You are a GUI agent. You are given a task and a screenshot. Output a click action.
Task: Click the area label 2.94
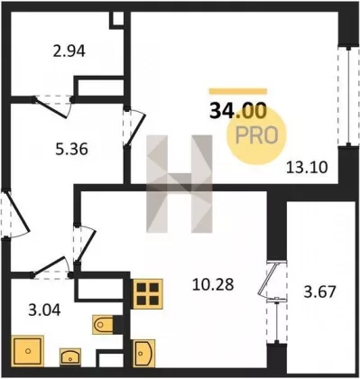coord(69,51)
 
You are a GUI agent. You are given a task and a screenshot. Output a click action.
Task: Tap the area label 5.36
coord(71,149)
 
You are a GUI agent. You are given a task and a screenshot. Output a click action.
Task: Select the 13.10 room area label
coord(307,167)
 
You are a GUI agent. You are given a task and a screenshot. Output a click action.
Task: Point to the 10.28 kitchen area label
coord(213,284)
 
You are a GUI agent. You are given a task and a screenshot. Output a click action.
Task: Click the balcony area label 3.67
coord(319,291)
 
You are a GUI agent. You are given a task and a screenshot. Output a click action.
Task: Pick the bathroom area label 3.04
coord(44,310)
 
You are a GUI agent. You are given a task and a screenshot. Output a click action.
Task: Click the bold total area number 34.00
coord(238,110)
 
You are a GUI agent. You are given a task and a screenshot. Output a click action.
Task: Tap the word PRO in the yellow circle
coord(256,135)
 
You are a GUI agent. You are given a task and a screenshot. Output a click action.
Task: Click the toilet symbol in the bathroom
coord(103,325)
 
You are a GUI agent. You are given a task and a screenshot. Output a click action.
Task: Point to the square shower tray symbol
coord(28,351)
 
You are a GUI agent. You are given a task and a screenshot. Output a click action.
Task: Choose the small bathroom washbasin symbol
coord(70,357)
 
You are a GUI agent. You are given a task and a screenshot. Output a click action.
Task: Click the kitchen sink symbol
coord(143,353)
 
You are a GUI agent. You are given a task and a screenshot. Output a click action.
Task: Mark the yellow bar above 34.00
coord(238,91)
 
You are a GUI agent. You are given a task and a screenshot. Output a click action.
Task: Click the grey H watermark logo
coord(180,184)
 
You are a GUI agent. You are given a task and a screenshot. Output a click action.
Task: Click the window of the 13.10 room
coord(348,96)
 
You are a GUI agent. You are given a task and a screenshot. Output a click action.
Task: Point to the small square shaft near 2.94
coord(116,20)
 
